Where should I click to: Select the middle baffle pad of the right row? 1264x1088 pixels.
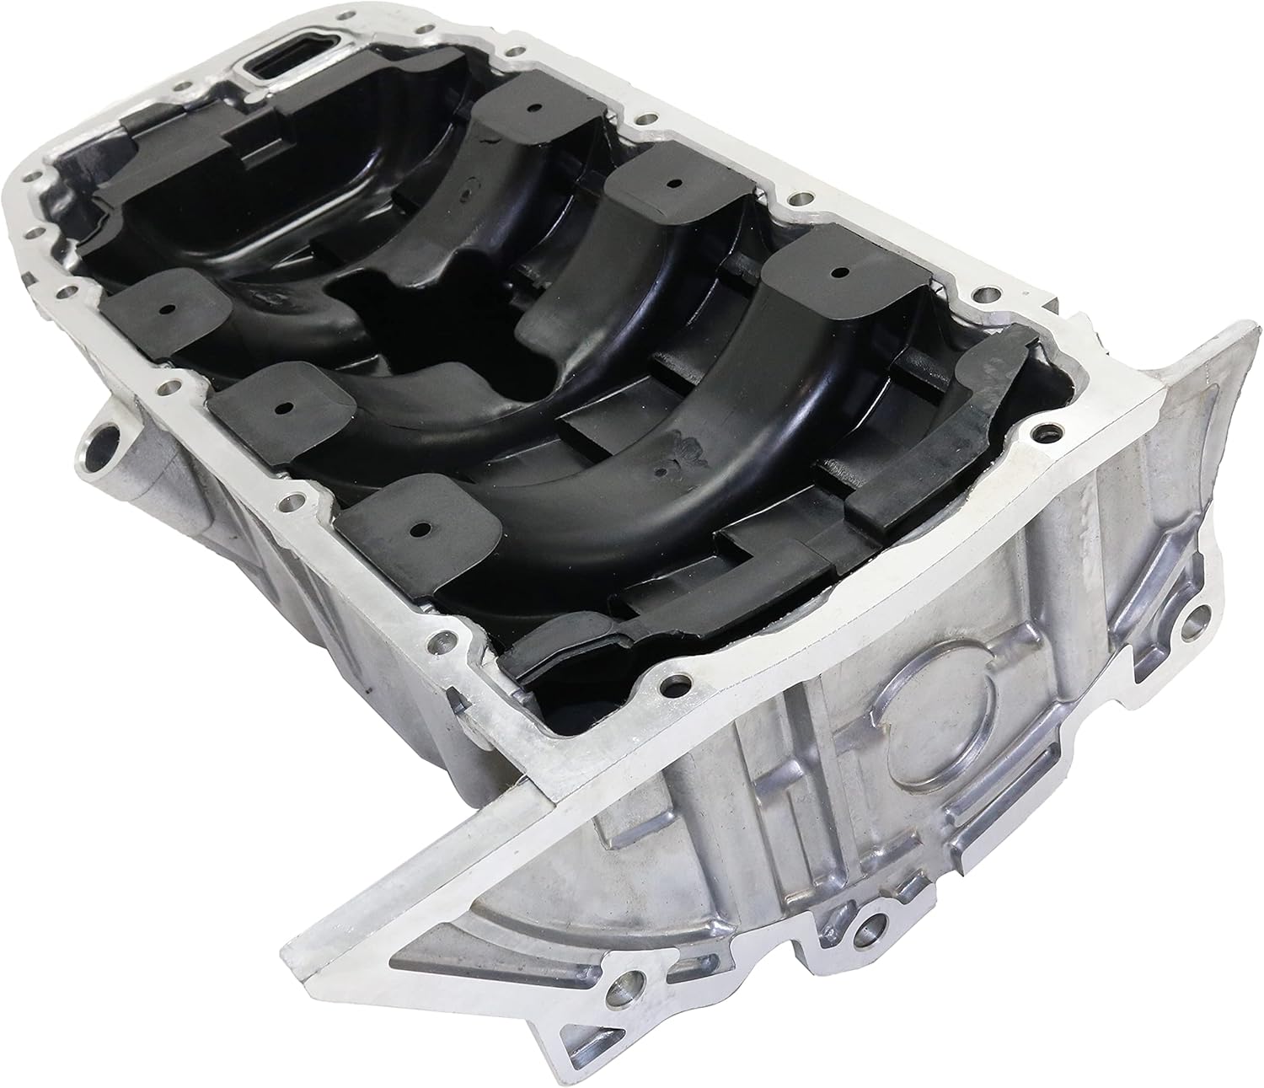(x=672, y=183)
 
